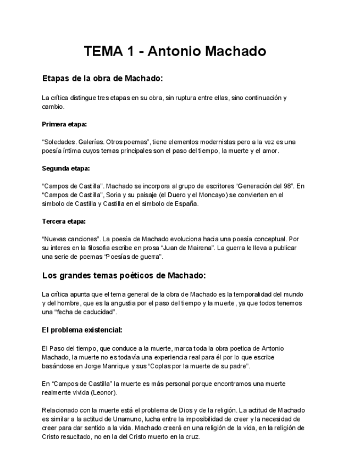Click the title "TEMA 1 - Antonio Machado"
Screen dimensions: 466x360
[175, 52]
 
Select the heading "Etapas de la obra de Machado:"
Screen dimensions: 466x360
[102, 79]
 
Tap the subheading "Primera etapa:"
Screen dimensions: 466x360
[64, 124]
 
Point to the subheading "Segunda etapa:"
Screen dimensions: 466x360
[65, 168]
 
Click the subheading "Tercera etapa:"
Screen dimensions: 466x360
[64, 221]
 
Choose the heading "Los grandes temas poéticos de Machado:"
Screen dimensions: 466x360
[124, 275]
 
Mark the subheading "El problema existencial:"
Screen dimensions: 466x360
[82, 330]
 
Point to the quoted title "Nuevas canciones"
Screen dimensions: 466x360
[67, 240]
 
